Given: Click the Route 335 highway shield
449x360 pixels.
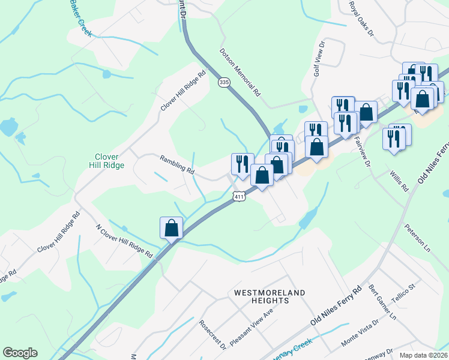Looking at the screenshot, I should (x=224, y=82).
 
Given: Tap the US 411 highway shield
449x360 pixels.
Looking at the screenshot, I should (x=239, y=197).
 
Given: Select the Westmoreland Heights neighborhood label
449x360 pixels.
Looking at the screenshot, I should (x=270, y=297).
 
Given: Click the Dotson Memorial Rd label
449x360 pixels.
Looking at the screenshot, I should (x=240, y=73).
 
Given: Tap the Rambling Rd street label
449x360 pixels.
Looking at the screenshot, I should (x=177, y=165).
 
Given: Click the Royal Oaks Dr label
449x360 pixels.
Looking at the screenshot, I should (x=361, y=18).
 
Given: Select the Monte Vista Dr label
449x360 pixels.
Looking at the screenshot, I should (x=360, y=332).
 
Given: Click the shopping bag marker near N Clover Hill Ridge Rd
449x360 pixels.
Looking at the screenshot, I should (x=171, y=228).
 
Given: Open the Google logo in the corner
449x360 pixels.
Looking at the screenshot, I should (x=20, y=353).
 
